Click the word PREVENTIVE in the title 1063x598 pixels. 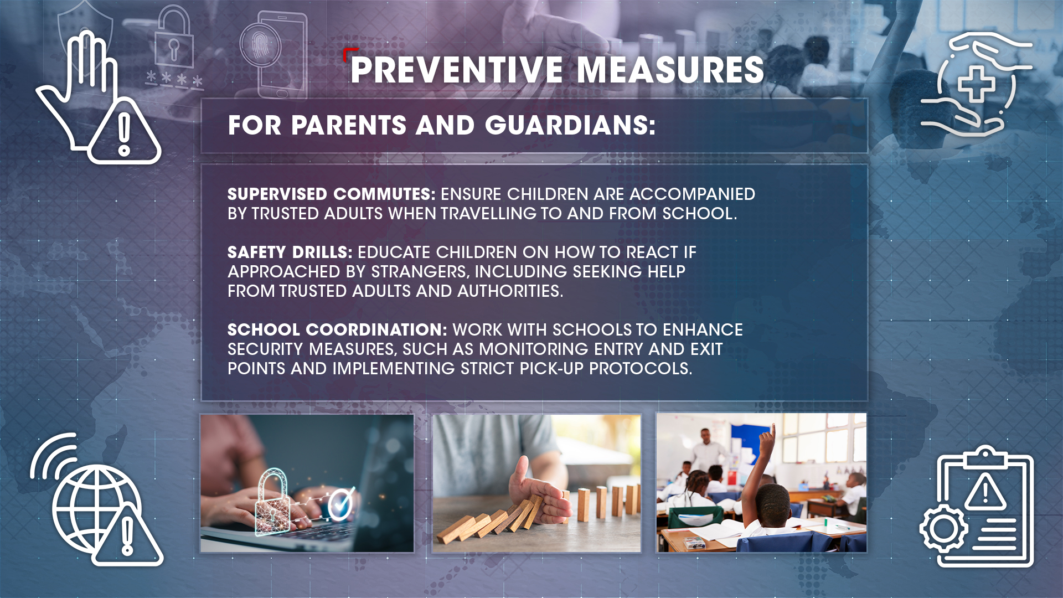pos(457,70)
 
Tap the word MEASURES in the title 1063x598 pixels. pos(670,70)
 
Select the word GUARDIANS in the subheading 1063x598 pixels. pos(570,125)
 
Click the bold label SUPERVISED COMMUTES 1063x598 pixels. pos(331,194)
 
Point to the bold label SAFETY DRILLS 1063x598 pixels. pos(290,252)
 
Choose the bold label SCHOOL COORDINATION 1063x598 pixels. pos(337,330)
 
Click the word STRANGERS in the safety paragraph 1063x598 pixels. pos(419,272)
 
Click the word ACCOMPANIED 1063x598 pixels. pos(692,194)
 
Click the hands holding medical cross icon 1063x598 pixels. pos(977,84)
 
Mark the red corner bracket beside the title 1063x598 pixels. pos(347,53)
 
